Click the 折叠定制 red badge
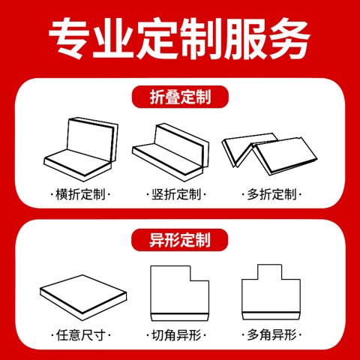pos(180,97)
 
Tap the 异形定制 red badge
pos(180,240)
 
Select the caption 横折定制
pos(80,194)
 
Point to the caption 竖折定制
pos(176,194)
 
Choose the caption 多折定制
pos(271,194)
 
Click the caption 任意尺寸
pos(80,334)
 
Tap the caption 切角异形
pos(176,334)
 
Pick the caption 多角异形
pos(271,334)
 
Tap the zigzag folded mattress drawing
pos(269,154)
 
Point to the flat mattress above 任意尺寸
pos(83,298)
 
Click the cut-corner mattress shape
pos(179,293)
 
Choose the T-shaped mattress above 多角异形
pos(271,292)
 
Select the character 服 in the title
pos(245,38)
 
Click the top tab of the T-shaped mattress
pos(270,271)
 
